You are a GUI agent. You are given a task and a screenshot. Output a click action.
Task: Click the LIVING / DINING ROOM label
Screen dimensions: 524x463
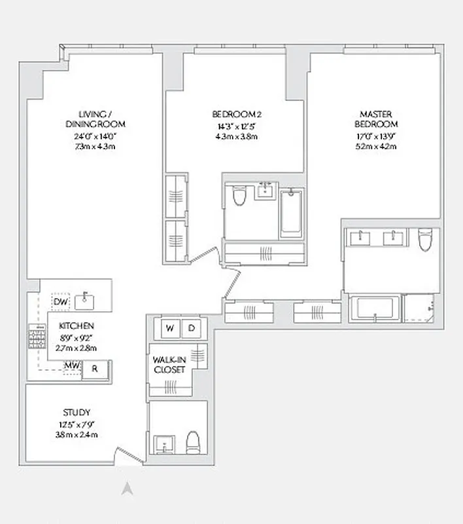point(95,119)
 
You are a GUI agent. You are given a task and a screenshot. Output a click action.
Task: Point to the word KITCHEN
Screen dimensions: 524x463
point(77,326)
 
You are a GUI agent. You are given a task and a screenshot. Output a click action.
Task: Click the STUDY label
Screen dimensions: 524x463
point(77,412)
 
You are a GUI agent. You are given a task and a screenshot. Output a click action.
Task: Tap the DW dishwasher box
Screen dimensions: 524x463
point(61,302)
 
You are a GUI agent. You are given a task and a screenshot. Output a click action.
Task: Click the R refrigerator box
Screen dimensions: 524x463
point(95,369)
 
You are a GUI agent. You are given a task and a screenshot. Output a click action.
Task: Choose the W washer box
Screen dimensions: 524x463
point(169,327)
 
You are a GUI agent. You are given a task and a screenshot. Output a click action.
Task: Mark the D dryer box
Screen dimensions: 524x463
point(192,327)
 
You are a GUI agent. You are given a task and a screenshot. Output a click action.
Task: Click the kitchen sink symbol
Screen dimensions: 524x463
point(85,302)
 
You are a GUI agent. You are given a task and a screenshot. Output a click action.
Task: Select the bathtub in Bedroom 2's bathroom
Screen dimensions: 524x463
point(292,212)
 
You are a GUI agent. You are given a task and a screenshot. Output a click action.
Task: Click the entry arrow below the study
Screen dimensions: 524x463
point(129,488)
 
